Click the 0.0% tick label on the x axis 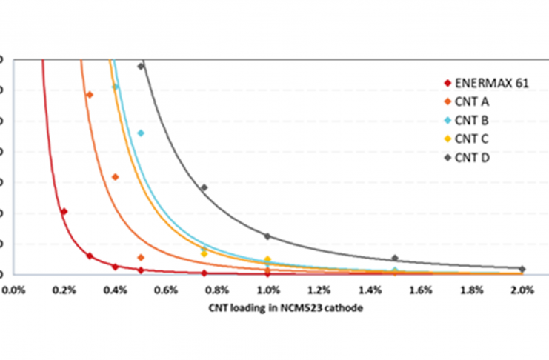pyautogui.click(x=14, y=290)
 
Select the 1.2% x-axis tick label pyautogui.click(x=319, y=290)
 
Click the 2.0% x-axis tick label pyautogui.click(x=522, y=290)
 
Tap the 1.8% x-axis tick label pyautogui.click(x=471, y=290)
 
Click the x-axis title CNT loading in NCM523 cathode pyautogui.click(x=268, y=309)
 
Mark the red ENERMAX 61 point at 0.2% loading pyautogui.click(x=64, y=212)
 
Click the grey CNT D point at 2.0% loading pyautogui.click(x=522, y=269)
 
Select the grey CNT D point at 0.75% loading pyautogui.click(x=204, y=187)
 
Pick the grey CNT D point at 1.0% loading pyautogui.click(x=267, y=236)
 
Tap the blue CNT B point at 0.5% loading pyautogui.click(x=141, y=133)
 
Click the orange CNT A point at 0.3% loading pyautogui.click(x=90, y=95)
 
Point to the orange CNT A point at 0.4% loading pyautogui.click(x=115, y=177)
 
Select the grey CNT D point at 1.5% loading pyautogui.click(x=395, y=258)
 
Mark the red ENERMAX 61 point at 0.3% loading pyautogui.click(x=90, y=256)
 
